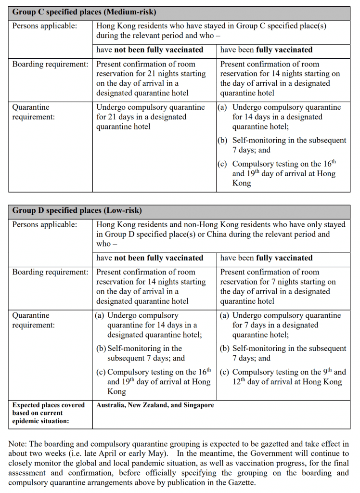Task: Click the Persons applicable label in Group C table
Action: point(44,26)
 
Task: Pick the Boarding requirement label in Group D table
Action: point(50,272)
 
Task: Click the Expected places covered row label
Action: point(48,413)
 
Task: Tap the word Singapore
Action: point(196,405)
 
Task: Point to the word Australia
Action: point(112,405)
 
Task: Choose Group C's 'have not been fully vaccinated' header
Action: point(150,50)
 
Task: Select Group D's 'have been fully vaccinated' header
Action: point(266,258)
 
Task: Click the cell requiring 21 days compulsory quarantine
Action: point(150,117)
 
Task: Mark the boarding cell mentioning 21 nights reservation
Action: point(151,78)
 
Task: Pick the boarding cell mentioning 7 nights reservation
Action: point(278,286)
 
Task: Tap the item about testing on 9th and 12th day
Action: point(283,377)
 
